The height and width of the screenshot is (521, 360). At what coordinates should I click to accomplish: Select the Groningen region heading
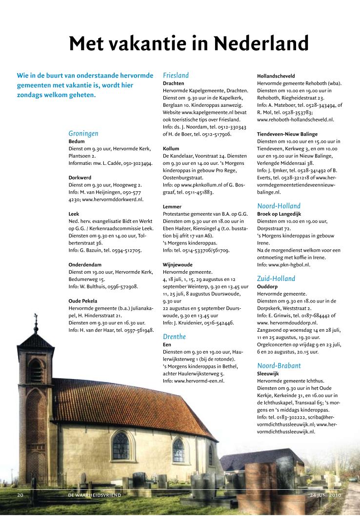click(x=83, y=133)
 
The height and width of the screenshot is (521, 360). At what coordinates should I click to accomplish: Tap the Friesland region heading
click(x=176, y=76)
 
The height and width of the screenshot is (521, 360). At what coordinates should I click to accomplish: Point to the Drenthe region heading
click(x=175, y=336)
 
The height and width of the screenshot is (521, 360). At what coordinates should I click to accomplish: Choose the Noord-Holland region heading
click(x=279, y=206)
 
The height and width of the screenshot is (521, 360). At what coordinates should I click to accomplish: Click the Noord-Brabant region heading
click(x=279, y=365)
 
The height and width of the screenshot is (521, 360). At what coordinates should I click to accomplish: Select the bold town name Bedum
click(x=77, y=141)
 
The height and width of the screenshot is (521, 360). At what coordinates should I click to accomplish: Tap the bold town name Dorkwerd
click(x=80, y=178)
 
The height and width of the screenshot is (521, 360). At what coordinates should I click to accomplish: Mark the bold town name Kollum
click(x=171, y=148)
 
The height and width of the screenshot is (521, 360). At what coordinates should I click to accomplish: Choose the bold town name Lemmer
click(x=172, y=206)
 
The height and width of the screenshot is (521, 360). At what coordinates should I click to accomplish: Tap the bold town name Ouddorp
click(x=268, y=287)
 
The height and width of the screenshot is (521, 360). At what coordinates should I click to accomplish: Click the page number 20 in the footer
click(x=21, y=495)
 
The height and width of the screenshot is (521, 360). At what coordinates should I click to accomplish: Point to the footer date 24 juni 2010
click(x=325, y=495)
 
